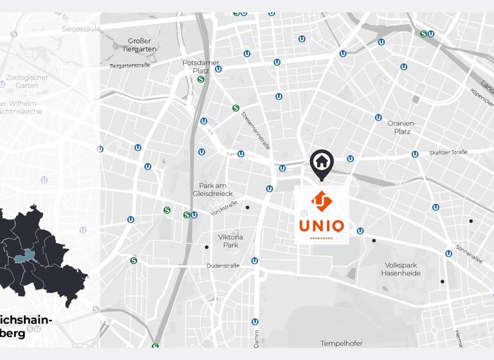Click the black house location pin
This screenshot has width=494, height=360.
pos(322,163)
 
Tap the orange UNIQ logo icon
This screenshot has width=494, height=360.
pos(322,201)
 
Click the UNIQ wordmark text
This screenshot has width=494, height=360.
pos(322,226)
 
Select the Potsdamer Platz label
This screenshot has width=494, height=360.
pos(201,66)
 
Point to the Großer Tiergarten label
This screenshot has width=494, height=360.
pos(140,44)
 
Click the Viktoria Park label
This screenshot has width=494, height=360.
pos(230,240)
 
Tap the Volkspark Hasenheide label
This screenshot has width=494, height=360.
pos(401,269)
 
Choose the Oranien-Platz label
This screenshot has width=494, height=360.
pos(403,127)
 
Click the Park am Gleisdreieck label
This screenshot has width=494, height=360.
pos(213,189)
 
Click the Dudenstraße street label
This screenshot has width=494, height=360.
pos(223,265)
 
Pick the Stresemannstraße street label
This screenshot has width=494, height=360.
pos(256,130)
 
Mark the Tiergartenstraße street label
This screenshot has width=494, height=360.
pos(129,66)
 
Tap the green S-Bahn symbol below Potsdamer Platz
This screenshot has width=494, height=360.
pos(201,79)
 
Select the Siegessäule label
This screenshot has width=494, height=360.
pos(80,29)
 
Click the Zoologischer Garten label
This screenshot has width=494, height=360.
pos(26,82)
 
